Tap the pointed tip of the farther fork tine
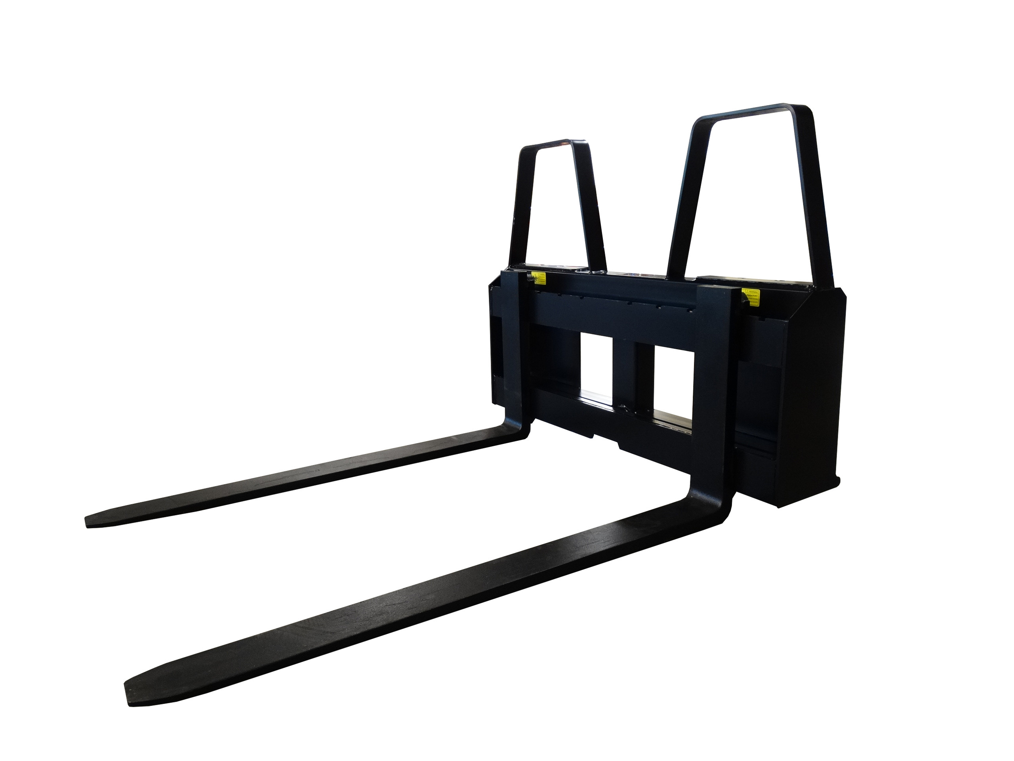point(90,521)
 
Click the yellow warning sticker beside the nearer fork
point(751,296)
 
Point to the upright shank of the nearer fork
point(715,390)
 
